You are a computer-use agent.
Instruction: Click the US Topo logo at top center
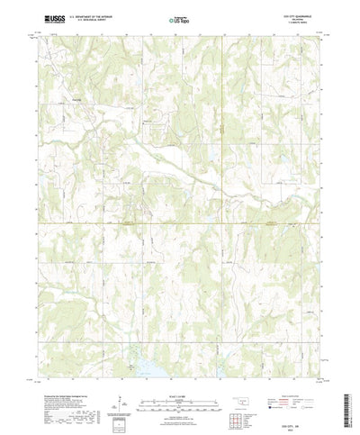point(180,19)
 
